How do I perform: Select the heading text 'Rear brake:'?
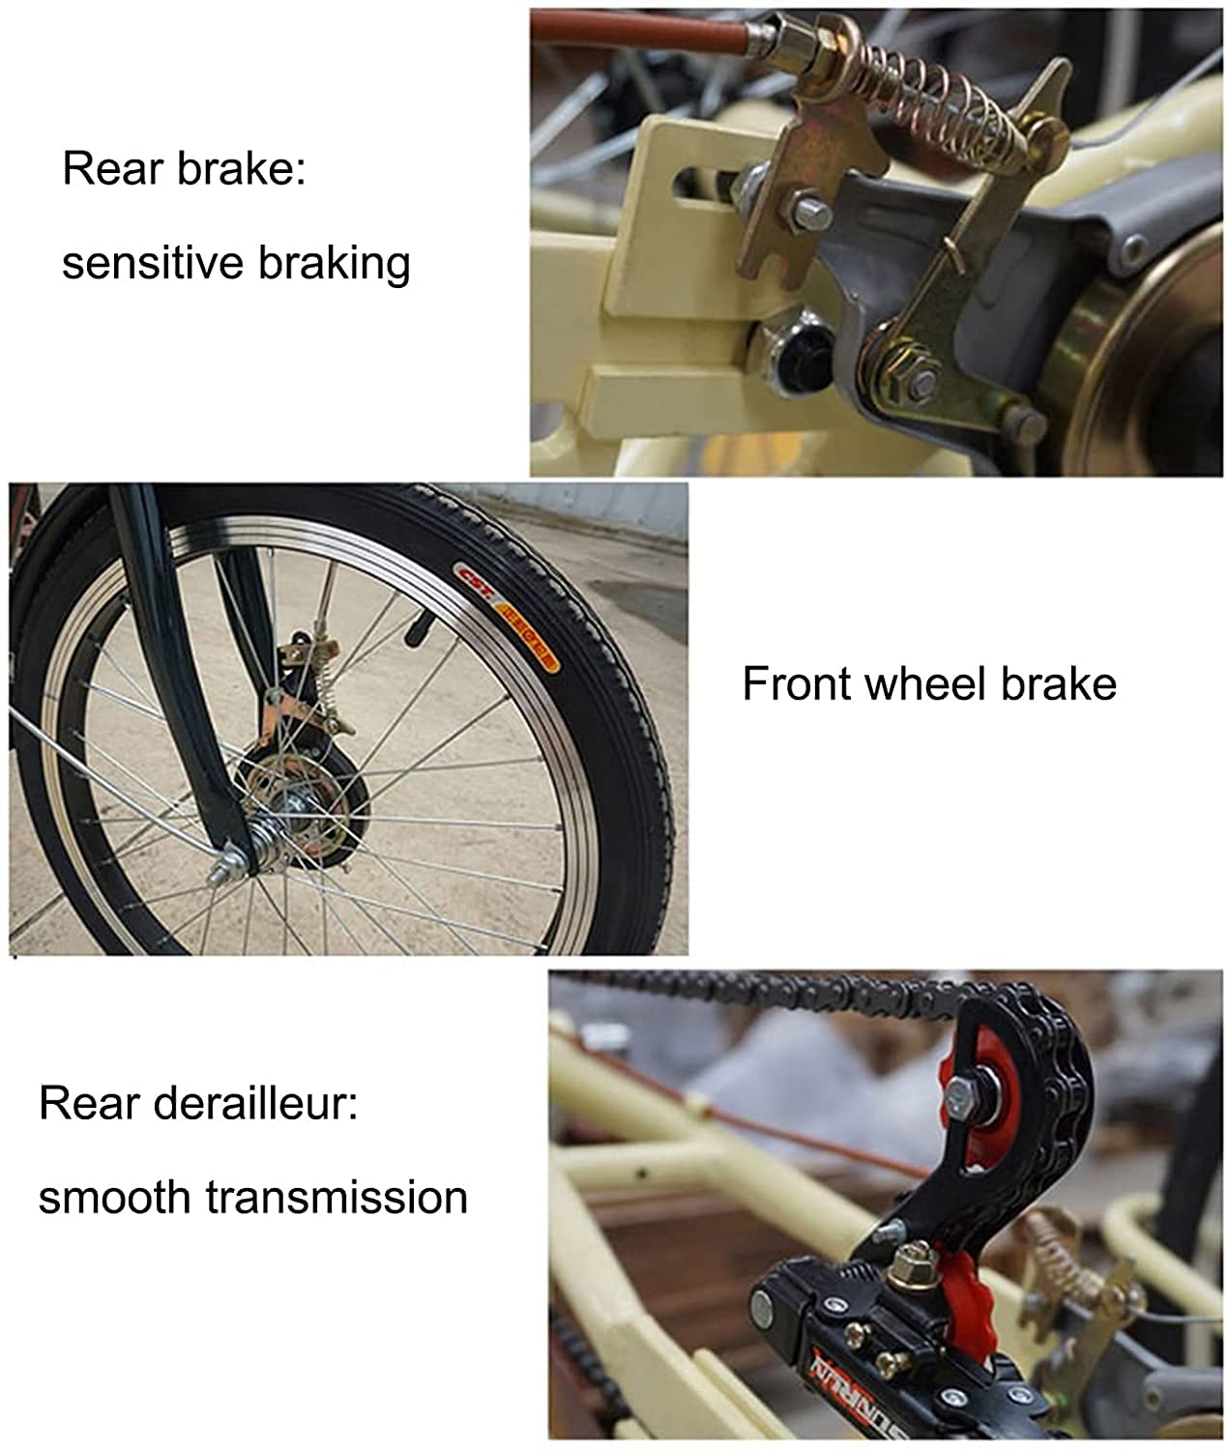(x=184, y=168)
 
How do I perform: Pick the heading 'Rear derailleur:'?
(x=198, y=1103)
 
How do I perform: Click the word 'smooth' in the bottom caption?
(x=114, y=1197)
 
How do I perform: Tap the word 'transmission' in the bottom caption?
(x=336, y=1197)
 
